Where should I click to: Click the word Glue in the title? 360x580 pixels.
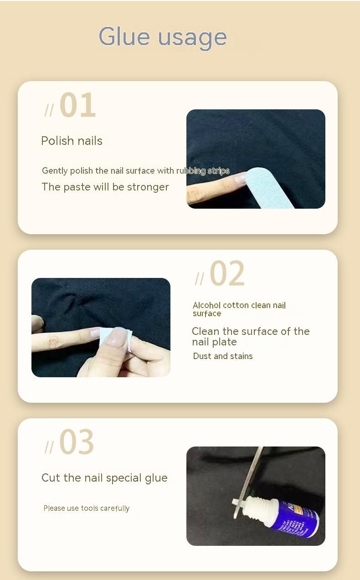[124, 36]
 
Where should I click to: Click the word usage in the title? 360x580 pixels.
[192, 39]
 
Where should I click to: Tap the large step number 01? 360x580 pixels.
[78, 105]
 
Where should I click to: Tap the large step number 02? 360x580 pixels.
[227, 273]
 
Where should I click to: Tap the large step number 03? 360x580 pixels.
[77, 442]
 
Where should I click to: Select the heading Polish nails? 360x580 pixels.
[72, 141]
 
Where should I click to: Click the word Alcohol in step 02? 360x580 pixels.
[206, 305]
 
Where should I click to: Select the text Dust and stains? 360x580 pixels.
[223, 356]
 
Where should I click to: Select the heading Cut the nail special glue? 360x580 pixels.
[104, 478]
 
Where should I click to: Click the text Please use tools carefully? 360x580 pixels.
[87, 508]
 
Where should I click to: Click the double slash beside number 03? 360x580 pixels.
[49, 447]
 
